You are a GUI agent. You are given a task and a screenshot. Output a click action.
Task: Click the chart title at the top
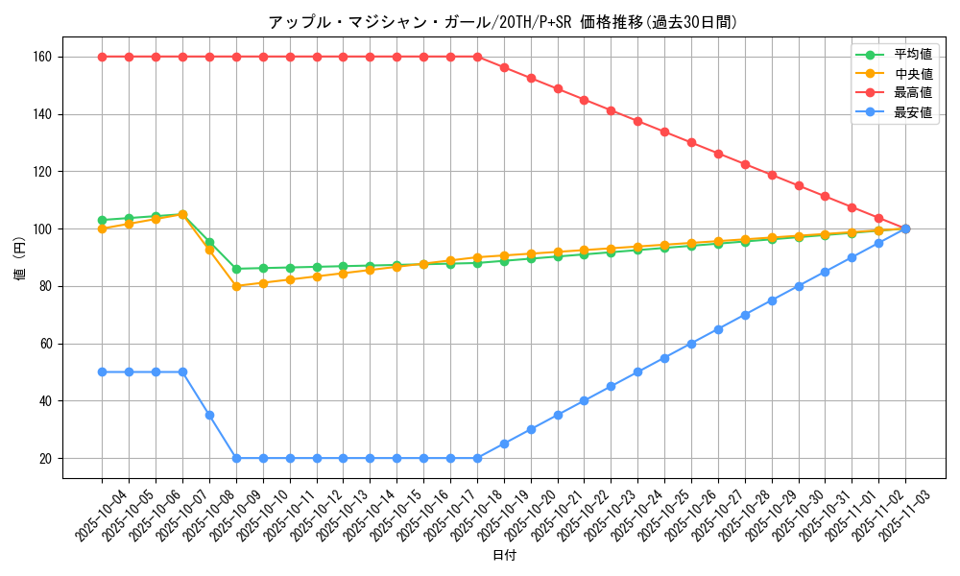[503, 22]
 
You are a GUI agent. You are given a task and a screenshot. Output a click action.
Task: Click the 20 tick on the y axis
[44, 458]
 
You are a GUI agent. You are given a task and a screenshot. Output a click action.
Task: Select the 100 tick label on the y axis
[41, 228]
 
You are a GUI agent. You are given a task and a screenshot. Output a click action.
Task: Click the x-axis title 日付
[503, 556]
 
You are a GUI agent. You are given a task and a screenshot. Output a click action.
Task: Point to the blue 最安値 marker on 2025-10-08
[209, 415]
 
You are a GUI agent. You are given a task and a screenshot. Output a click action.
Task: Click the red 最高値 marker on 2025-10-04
[102, 57]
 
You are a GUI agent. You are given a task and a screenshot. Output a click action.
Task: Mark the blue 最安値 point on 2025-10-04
[102, 372]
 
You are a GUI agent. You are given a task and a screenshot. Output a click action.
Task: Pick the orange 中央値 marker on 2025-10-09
[236, 286]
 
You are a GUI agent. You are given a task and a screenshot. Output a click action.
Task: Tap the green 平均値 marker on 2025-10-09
[236, 269]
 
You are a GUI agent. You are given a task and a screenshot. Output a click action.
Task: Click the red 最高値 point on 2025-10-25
[664, 132]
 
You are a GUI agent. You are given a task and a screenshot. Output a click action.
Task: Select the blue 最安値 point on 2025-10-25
[664, 358]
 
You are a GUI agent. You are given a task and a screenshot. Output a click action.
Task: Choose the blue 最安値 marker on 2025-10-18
[477, 458]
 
